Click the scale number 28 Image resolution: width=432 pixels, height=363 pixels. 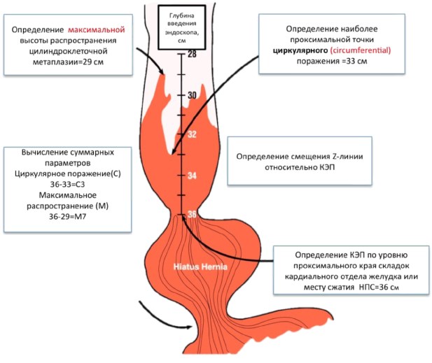click(192, 54)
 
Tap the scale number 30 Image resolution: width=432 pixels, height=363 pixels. click(192, 95)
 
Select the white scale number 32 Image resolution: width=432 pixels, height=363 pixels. click(192, 134)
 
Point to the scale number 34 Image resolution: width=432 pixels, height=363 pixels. click(192, 176)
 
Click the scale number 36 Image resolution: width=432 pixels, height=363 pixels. click(192, 214)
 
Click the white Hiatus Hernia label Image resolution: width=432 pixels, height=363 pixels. click(200, 266)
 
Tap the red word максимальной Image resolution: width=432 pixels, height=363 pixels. click(97, 29)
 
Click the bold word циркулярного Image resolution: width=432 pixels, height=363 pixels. click(300, 51)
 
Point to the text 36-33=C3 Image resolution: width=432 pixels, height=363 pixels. click(67, 185)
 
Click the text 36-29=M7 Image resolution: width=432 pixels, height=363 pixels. click(67, 217)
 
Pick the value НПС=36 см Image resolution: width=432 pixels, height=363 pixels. click(379, 287)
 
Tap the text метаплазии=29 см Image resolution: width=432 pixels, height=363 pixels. click(68, 62)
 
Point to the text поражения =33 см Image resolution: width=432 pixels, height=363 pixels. click(332, 61)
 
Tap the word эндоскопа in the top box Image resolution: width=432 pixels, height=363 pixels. click(182, 32)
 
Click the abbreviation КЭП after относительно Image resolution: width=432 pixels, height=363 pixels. click(327, 167)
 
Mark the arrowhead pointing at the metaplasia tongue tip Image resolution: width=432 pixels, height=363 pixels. click(162, 71)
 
